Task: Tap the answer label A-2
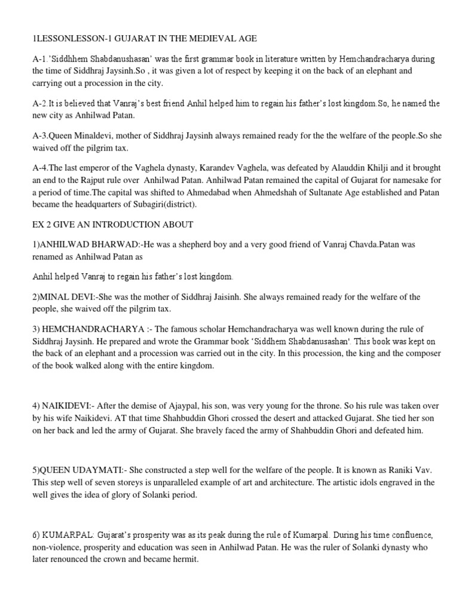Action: [40, 103]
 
